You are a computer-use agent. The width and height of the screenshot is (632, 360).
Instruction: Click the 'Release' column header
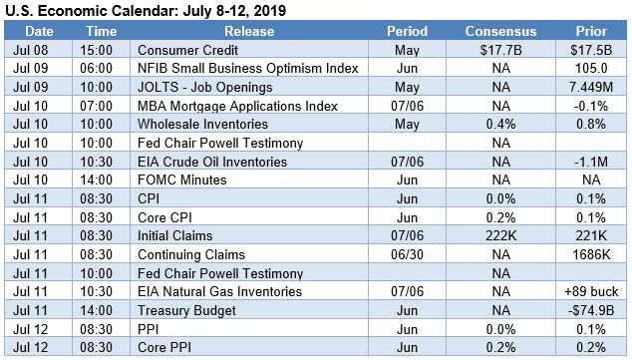(x=259, y=31)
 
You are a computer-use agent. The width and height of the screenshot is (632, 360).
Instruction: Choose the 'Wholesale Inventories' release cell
(x=203, y=125)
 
